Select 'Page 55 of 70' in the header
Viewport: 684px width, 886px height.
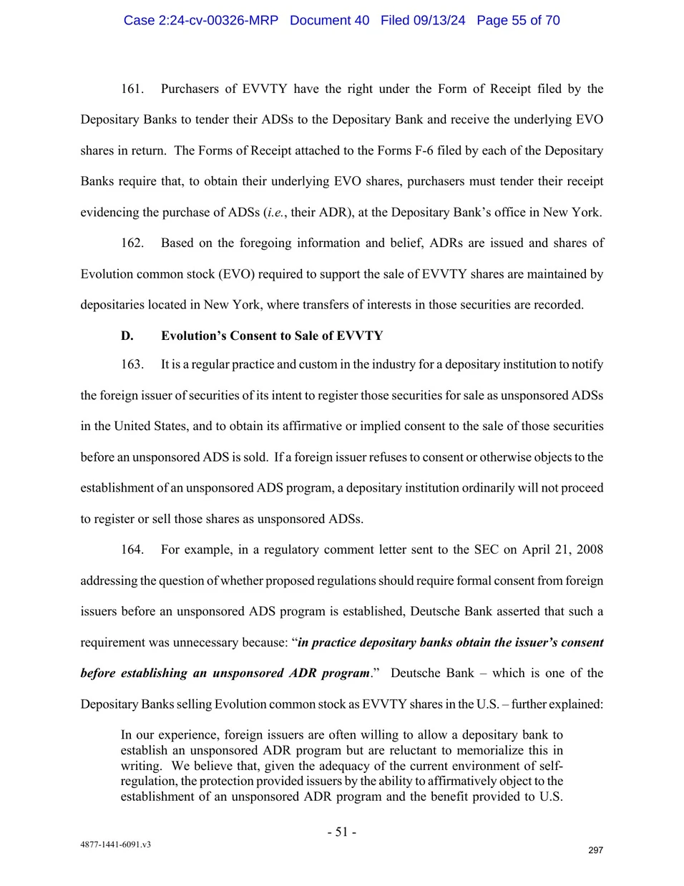[x=518, y=20]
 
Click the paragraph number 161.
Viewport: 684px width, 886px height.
[x=132, y=89]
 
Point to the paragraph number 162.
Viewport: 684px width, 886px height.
[x=132, y=243]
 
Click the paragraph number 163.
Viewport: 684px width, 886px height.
[x=132, y=364]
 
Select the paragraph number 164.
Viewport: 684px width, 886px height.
[x=132, y=550]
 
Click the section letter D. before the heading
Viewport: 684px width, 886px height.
[x=127, y=336]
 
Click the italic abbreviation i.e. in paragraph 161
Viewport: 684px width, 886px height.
[x=275, y=213]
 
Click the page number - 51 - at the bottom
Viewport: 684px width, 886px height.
[x=342, y=832]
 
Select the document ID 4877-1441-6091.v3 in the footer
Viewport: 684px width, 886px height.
[x=115, y=844]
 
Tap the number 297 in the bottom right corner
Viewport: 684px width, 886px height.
[x=595, y=850]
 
